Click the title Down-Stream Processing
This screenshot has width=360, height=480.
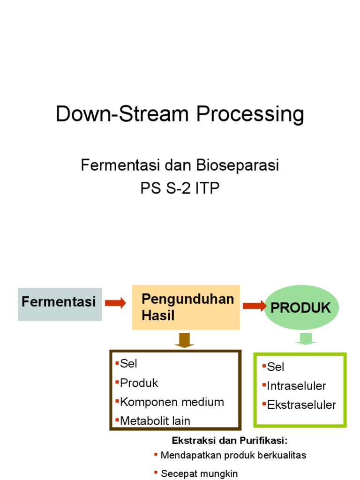click(x=180, y=115)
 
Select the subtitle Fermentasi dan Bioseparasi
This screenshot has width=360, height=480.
click(x=180, y=165)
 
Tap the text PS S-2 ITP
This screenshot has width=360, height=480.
click(x=180, y=188)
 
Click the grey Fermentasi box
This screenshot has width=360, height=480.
click(x=60, y=304)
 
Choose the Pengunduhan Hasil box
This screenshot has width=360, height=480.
click(x=186, y=307)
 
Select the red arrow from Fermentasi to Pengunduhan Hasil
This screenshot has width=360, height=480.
click(x=115, y=303)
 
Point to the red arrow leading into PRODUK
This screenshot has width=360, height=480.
click(x=254, y=306)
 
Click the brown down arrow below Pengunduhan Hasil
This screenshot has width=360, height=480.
click(x=185, y=340)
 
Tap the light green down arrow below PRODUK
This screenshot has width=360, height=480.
click(x=305, y=338)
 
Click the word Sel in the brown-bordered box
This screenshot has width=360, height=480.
click(x=128, y=363)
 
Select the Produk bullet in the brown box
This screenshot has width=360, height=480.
click(x=139, y=383)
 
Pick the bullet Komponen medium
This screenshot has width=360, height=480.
click(x=172, y=402)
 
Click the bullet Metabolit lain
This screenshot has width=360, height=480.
click(x=155, y=420)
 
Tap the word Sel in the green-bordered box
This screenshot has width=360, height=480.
click(x=276, y=367)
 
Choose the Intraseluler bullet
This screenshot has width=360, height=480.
click(x=296, y=386)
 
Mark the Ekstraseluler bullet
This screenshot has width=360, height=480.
click(x=301, y=405)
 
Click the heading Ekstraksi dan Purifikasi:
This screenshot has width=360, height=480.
click(x=229, y=441)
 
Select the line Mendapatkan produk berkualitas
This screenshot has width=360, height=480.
click(x=233, y=455)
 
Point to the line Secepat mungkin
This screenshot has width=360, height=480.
click(x=199, y=473)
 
